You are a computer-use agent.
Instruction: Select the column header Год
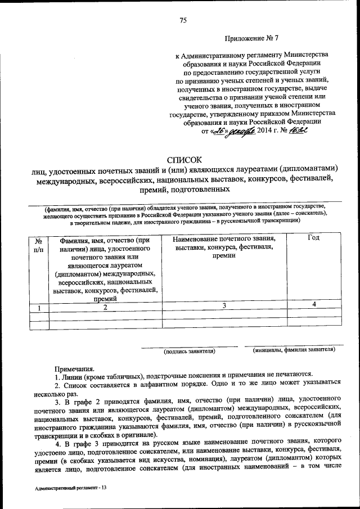[x=314, y=238]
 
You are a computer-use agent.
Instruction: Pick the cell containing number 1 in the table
[x=38, y=307]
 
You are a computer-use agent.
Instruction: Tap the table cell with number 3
[x=224, y=305]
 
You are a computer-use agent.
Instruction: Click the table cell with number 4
[x=314, y=304]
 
